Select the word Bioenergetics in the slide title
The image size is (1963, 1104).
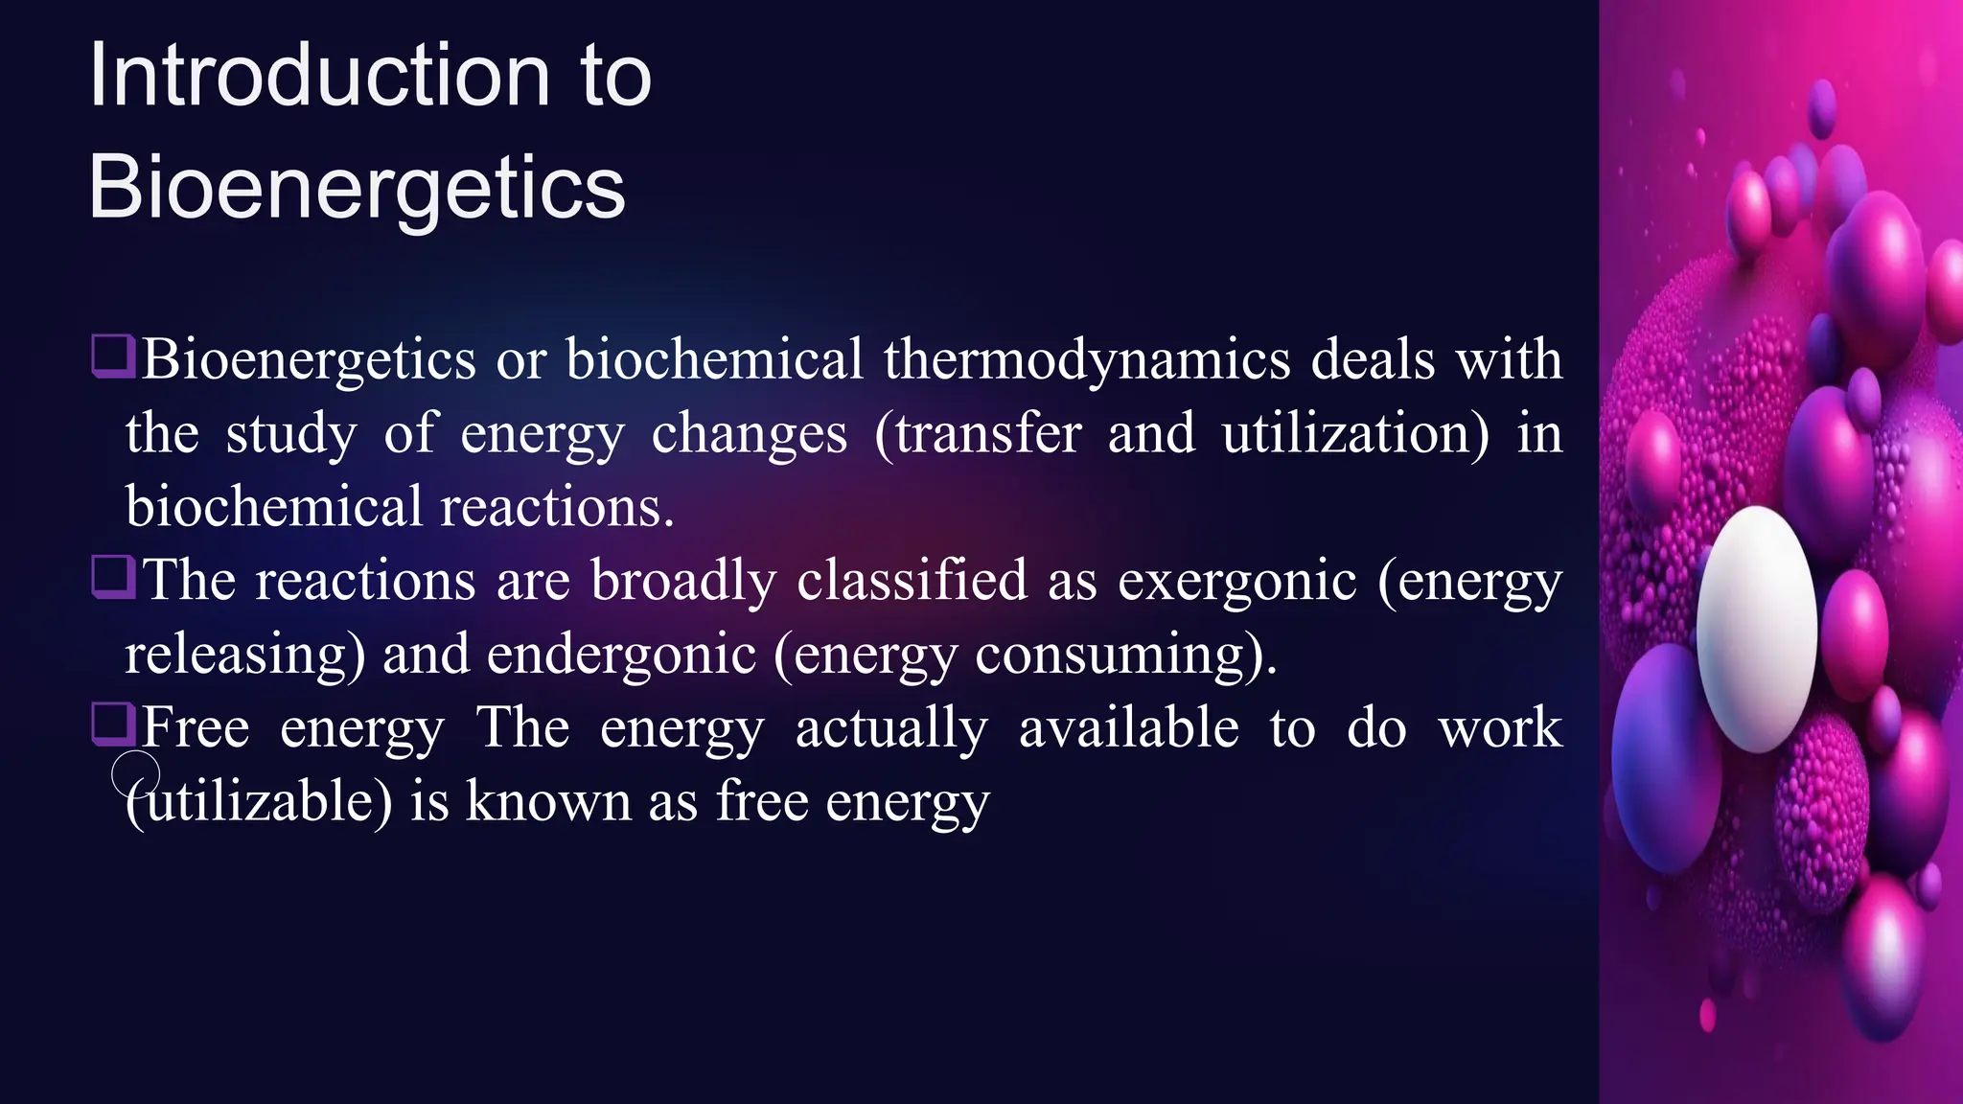(x=357, y=187)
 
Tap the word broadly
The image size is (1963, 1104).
(x=683, y=581)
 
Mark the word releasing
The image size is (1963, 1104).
(x=237, y=655)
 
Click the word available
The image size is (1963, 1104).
(x=1128, y=727)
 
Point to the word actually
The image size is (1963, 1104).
(x=890, y=727)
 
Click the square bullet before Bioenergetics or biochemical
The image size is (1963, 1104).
(x=113, y=356)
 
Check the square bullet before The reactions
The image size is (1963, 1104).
(x=113, y=577)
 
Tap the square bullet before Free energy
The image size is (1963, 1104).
(x=113, y=724)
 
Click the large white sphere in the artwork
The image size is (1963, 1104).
(x=1757, y=628)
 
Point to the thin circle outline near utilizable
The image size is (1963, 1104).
(x=136, y=774)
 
